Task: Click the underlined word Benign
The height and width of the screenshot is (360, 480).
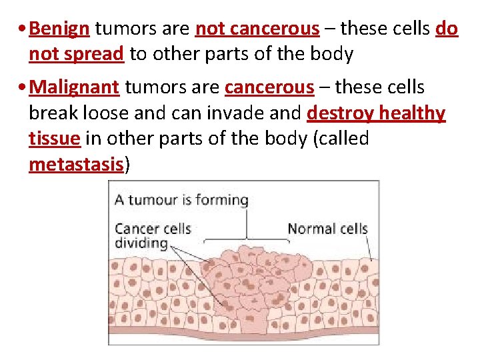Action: pyautogui.click(x=60, y=29)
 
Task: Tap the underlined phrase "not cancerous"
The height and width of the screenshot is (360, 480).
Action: pyautogui.click(x=257, y=29)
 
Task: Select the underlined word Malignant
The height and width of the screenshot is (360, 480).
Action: pyautogui.click(x=75, y=87)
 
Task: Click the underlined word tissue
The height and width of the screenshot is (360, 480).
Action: pyautogui.click(x=55, y=139)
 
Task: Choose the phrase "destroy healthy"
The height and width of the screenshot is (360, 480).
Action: pyautogui.click(x=375, y=113)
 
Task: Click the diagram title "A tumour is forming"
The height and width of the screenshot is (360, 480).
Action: pyautogui.click(x=181, y=199)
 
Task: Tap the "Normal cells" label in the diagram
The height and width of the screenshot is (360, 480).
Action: pyautogui.click(x=327, y=229)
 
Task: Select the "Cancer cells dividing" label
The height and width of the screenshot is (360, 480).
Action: pyautogui.click(x=153, y=236)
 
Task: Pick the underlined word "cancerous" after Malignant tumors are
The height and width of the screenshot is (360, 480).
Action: pyautogui.click(x=269, y=87)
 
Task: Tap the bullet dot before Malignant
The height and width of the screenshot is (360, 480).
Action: pyautogui.click(x=23, y=88)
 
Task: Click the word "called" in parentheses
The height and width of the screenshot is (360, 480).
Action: pyautogui.click(x=344, y=139)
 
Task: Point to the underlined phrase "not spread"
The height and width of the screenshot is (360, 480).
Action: pyautogui.click(x=77, y=55)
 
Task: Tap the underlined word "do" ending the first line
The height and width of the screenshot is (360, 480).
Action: pyautogui.click(x=447, y=29)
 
